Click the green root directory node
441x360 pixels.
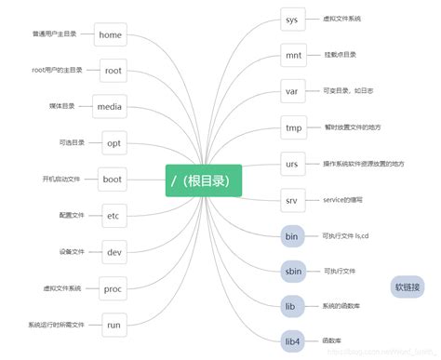pyautogui.click(x=204, y=180)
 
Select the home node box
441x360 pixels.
pyautogui.click(x=111, y=35)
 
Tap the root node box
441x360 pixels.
pyautogui.click(x=114, y=71)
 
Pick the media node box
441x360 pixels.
pyautogui.click(x=111, y=107)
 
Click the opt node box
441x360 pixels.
pyautogui.click(x=114, y=143)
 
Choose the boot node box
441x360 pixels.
pyautogui.click(x=113, y=180)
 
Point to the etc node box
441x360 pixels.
pyautogui.click(x=114, y=216)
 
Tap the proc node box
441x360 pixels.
pyautogui.click(x=114, y=288)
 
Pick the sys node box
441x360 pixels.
pyautogui.click(x=292, y=19)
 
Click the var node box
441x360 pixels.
pyautogui.click(x=292, y=92)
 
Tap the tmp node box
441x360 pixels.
pyautogui.click(x=293, y=127)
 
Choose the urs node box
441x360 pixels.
pyautogui.click(x=292, y=165)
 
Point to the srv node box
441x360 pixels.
pyautogui.click(x=292, y=201)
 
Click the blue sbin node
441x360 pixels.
pyautogui.click(x=292, y=271)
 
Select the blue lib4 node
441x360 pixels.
pyautogui.click(x=292, y=341)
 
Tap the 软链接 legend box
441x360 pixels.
pyautogui.click(x=407, y=287)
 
